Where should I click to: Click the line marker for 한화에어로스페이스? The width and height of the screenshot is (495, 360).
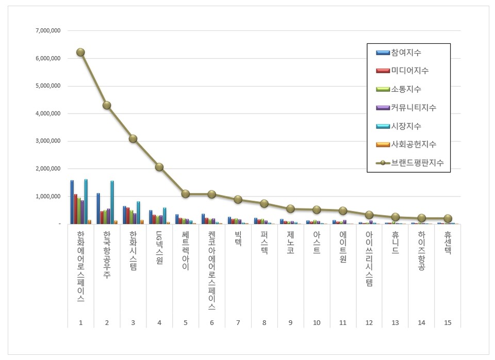click(80, 52)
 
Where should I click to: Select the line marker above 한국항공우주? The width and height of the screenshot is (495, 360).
click(107, 105)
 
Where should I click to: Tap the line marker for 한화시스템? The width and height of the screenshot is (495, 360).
click(133, 139)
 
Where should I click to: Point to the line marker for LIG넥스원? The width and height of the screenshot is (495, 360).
click(159, 167)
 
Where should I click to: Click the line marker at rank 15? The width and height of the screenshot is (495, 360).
click(448, 218)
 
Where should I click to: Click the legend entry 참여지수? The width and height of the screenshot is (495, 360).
click(406, 52)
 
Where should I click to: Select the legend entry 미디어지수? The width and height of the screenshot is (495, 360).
click(409, 71)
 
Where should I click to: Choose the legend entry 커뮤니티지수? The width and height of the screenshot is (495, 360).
click(413, 108)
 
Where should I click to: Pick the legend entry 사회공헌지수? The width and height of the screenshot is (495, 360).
click(413, 144)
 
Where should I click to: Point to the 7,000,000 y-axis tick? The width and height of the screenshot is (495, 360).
click(48, 31)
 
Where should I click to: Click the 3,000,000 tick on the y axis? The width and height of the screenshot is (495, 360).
click(48, 141)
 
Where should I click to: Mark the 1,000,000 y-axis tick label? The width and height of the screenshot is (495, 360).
click(48, 196)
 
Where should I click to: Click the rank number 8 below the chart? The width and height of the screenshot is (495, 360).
click(264, 322)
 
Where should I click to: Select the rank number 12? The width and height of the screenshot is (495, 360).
click(369, 322)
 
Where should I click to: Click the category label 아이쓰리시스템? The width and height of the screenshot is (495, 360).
click(369, 258)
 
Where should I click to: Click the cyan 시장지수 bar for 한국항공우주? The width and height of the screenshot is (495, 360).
click(112, 202)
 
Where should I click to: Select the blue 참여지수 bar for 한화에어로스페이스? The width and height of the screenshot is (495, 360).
click(72, 202)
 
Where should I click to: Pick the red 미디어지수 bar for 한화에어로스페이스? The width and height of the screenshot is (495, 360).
click(76, 209)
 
